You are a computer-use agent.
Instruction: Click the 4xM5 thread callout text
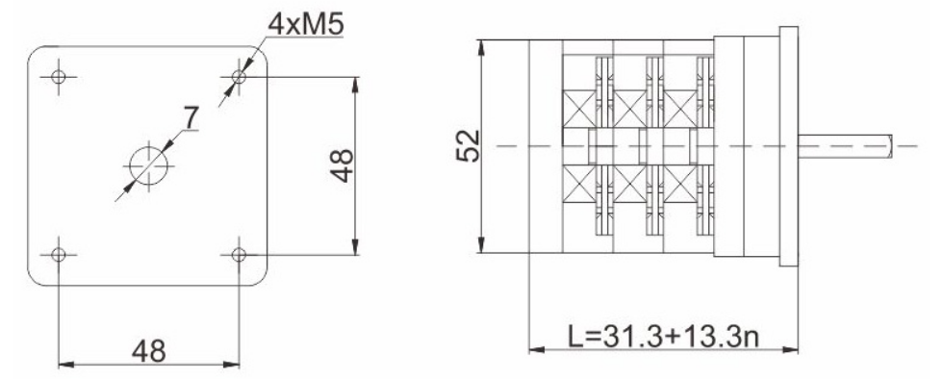pos(306,24)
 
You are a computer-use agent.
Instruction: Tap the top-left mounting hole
pos(59,76)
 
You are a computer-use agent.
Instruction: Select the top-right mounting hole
pos(239,76)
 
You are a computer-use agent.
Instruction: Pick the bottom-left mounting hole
pos(59,255)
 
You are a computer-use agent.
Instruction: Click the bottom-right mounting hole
pos(239,255)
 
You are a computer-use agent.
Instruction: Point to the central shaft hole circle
pos(148,165)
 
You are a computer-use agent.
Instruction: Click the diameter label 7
pos(191,118)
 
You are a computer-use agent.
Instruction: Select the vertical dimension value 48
pos(342,165)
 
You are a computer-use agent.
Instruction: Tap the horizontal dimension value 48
pos(148,351)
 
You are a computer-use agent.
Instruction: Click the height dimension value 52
pos(468,145)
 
